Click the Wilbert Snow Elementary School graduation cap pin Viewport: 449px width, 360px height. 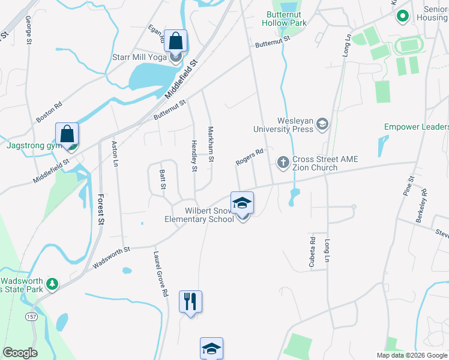pos(242,203)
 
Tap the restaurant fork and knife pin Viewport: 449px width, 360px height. pos(191,301)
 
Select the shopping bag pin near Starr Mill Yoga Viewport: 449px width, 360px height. pos(175,41)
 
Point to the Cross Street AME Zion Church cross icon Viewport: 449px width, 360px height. pos(283,162)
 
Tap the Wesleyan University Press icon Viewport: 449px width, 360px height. pos(322,124)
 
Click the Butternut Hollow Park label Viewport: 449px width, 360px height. pos(284,18)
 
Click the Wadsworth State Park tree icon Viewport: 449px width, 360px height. pos(52,283)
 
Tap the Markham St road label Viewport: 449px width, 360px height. pos(211,144)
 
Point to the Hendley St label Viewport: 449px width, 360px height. pos(194,156)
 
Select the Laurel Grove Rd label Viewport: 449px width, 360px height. pos(160,274)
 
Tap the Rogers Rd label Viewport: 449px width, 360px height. pos(250,157)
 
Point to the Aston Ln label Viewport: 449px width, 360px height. pos(115,154)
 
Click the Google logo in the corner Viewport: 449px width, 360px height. pos(20,353)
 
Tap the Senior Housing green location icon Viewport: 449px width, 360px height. pos(402,17)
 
